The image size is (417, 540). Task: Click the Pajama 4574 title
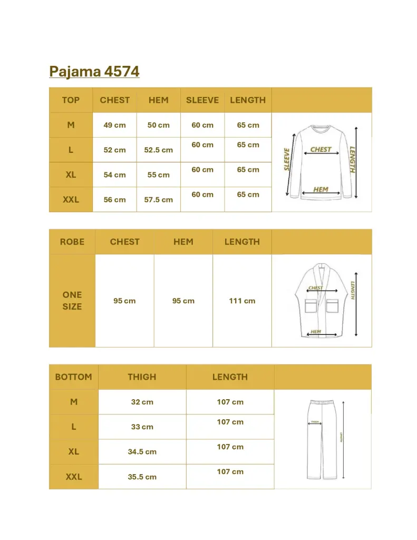tap(94, 71)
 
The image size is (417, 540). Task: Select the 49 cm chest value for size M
tap(114, 125)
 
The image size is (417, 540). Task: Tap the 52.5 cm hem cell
tap(158, 150)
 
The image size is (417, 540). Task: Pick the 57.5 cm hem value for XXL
tap(158, 200)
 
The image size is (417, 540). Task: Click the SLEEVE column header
tap(202, 100)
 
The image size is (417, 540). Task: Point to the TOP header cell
tap(71, 100)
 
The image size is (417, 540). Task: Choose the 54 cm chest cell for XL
tap(114, 175)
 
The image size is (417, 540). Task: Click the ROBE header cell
tap(72, 242)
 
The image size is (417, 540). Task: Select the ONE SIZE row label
tap(72, 301)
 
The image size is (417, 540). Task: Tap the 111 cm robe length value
tap(242, 301)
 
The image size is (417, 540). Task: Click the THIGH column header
tap(142, 377)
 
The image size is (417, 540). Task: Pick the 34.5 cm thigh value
tap(142, 452)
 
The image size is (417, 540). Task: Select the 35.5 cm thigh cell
tap(142, 477)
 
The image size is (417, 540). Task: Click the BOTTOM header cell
tap(73, 377)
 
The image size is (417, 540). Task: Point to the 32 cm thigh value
tap(142, 402)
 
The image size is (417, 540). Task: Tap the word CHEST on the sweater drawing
tap(321, 149)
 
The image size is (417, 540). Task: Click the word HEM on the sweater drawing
tap(321, 189)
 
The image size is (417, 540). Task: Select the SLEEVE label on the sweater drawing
tap(287, 159)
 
